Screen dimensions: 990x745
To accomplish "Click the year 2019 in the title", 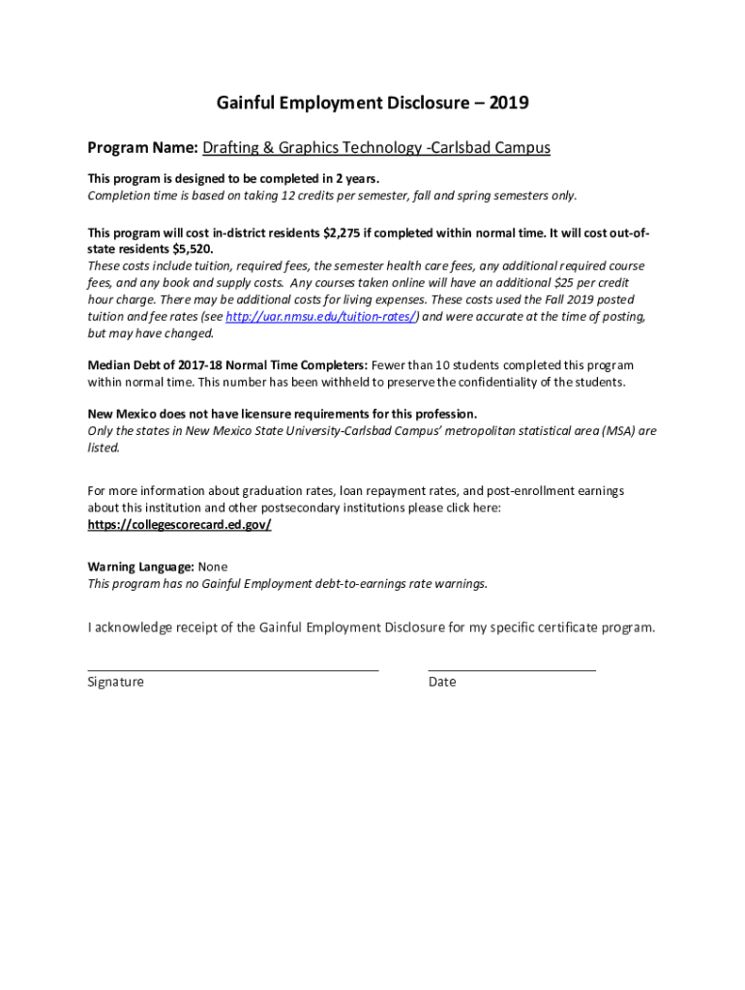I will [x=510, y=102].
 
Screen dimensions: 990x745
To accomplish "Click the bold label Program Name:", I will [x=142, y=148].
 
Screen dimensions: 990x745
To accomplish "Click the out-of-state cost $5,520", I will [x=189, y=248].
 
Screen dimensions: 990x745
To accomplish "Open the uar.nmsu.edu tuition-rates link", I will [x=321, y=316].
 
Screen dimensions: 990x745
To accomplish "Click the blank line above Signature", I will [x=232, y=668].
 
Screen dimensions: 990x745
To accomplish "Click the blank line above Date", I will [x=511, y=668].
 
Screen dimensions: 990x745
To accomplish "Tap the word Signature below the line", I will [x=115, y=682].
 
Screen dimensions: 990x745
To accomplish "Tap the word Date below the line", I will [x=442, y=682].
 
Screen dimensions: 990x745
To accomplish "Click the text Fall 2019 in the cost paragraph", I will [x=551, y=300].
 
